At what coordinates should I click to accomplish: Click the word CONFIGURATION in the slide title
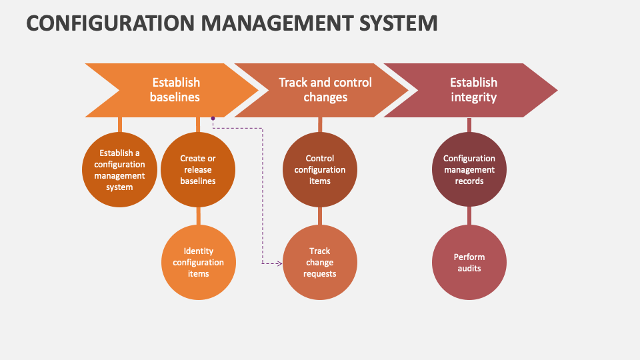[110, 23]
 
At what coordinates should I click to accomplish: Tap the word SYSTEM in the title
[399, 23]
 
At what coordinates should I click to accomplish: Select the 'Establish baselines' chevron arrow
[171, 90]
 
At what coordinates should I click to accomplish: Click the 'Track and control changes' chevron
[321, 90]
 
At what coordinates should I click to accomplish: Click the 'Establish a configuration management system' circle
[119, 169]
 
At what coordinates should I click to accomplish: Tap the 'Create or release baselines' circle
[198, 169]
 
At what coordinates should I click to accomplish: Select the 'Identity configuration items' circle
[199, 263]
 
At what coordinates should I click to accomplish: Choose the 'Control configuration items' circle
[320, 169]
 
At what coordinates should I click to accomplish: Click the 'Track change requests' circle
[320, 263]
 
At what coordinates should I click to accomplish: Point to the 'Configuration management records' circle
[469, 169]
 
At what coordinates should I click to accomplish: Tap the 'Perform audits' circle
[469, 263]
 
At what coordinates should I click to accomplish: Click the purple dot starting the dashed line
[213, 119]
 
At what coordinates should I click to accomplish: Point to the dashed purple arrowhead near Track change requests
[279, 264]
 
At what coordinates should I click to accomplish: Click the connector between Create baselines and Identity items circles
[199, 216]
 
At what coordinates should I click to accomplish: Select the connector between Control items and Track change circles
[320, 216]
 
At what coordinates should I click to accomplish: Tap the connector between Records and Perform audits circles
[469, 216]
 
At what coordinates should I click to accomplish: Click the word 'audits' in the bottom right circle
[469, 268]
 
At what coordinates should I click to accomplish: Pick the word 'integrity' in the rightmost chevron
[473, 97]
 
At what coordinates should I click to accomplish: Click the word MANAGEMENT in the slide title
[277, 23]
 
